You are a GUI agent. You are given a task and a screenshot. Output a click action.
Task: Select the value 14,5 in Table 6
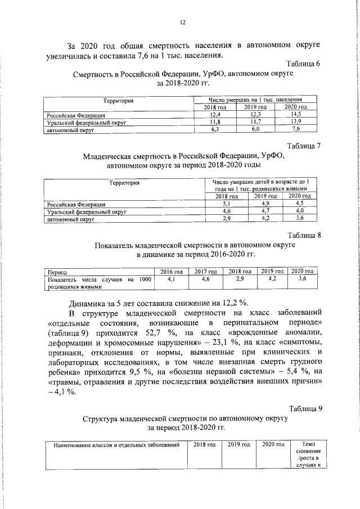tap(295, 114)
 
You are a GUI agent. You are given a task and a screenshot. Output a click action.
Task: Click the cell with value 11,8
tap(214, 122)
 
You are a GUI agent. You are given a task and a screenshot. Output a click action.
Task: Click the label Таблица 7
tap(303, 146)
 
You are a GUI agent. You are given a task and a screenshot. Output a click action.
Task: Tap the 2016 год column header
tap(172, 271)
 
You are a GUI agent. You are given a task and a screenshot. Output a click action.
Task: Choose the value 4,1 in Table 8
tap(172, 278)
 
